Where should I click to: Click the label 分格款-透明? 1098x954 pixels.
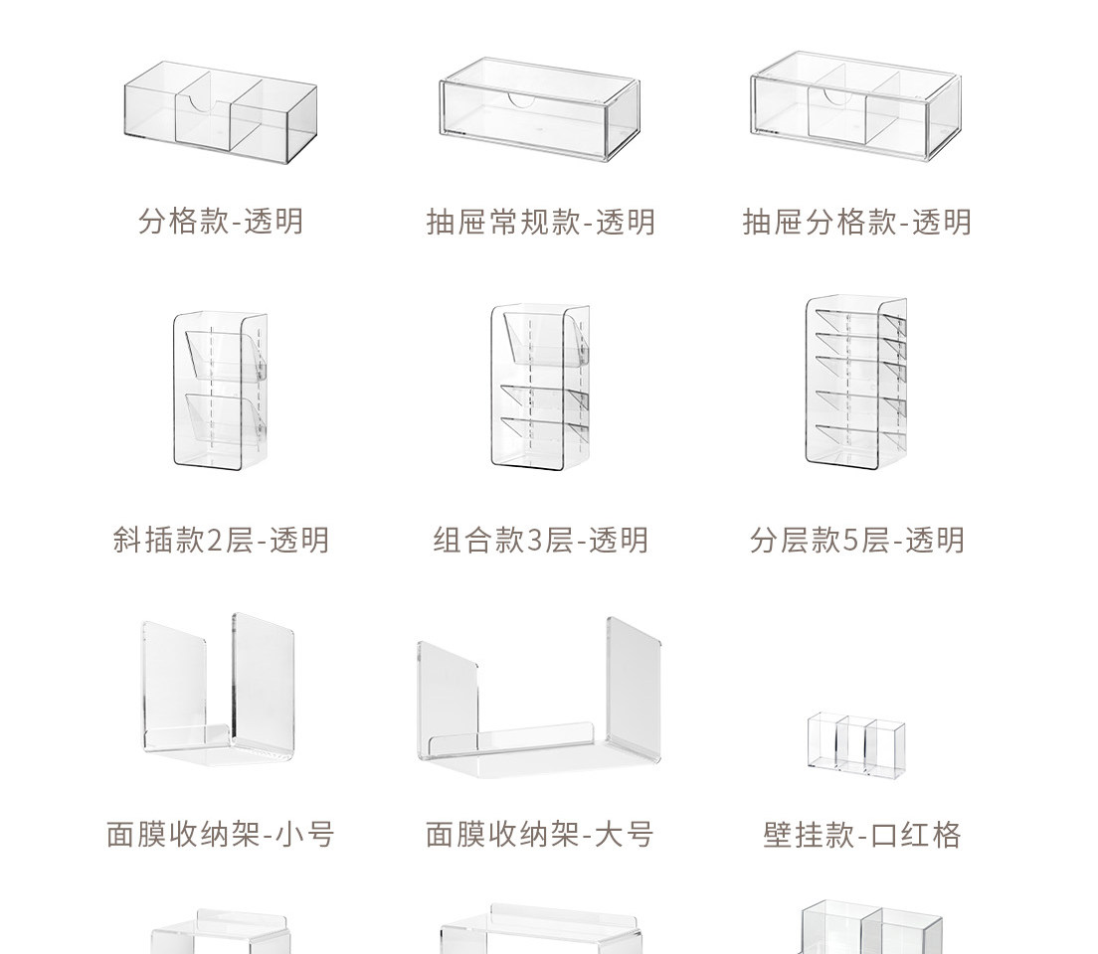point(221,220)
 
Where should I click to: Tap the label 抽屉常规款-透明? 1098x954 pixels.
point(541,221)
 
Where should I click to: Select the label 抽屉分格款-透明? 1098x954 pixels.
point(856,221)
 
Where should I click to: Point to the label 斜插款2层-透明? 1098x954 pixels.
point(221,540)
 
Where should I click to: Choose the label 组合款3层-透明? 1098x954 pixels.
point(541,540)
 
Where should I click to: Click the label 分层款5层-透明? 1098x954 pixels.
point(856,540)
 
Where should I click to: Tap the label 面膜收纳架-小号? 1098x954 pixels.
point(221,833)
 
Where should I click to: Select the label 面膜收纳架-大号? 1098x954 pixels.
point(541,833)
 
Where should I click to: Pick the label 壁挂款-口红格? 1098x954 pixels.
point(861,833)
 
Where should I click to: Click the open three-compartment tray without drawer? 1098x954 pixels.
point(221,113)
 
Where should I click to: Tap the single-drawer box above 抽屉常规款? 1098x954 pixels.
point(540,110)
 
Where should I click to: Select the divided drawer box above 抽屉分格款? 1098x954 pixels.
point(856,107)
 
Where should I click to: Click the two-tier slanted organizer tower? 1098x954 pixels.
point(221,389)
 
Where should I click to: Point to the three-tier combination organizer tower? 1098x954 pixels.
point(540,387)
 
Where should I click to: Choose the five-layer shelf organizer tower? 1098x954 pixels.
point(856,382)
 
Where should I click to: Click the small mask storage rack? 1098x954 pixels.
point(219,690)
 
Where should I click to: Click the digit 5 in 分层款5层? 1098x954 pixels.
point(850,541)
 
